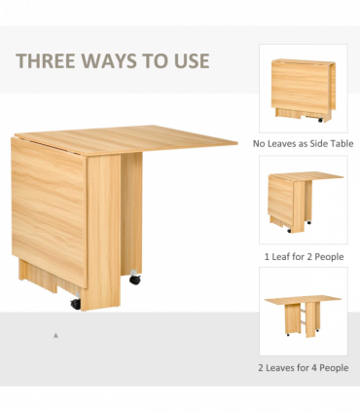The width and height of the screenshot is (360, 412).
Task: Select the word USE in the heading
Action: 192,60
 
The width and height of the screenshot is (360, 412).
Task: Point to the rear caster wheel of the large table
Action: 135,278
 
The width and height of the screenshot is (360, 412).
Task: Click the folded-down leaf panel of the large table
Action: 49,211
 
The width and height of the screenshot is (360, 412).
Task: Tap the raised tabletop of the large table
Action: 126,140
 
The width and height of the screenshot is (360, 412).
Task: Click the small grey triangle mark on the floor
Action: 55,336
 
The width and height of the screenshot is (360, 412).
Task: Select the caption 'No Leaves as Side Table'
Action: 303,143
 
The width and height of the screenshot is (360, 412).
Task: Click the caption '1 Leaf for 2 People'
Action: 304,257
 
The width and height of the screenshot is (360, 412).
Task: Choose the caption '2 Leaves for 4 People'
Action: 304,368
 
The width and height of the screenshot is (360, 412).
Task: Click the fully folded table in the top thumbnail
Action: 304,91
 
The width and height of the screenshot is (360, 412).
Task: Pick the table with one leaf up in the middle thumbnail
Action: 305,202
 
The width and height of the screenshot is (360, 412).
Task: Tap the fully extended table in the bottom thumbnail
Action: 303,316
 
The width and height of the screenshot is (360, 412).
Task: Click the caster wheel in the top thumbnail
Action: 320,120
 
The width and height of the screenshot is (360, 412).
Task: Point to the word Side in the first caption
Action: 316,143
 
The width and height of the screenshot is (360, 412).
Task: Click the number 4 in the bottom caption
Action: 313,368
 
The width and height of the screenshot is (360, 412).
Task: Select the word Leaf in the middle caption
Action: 281,257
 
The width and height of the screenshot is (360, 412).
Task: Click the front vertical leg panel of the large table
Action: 103,233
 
